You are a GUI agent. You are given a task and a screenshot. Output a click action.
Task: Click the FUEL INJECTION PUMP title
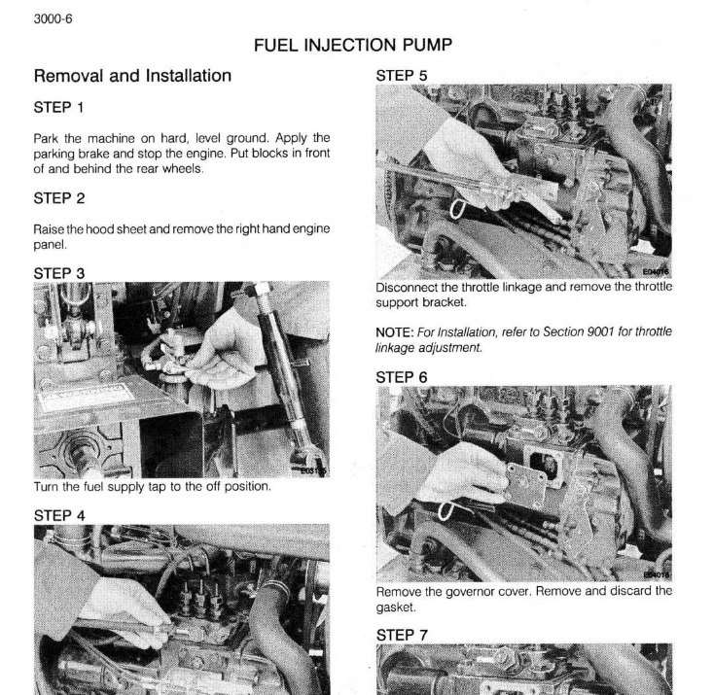click(x=356, y=45)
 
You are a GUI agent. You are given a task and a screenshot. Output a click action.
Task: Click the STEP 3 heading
click(x=60, y=273)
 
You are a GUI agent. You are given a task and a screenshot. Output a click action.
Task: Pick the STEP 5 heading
click(x=402, y=74)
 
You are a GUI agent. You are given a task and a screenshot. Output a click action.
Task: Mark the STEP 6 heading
click(x=402, y=374)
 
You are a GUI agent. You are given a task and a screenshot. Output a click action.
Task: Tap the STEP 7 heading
click(x=402, y=625)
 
